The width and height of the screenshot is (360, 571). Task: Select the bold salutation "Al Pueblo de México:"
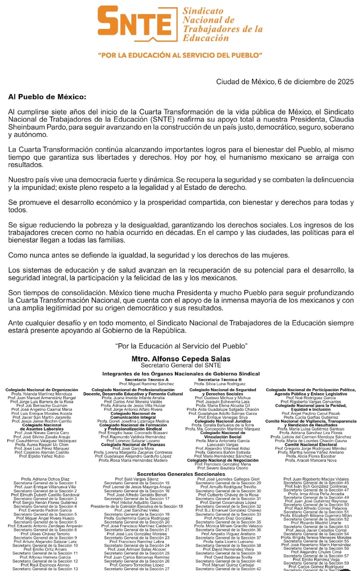(x=47, y=97)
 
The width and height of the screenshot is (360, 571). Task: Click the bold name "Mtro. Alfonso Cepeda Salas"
(x=181, y=359)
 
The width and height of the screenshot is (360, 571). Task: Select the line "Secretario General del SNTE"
(x=181, y=365)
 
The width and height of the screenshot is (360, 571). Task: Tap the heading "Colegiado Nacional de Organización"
(x=42, y=390)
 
